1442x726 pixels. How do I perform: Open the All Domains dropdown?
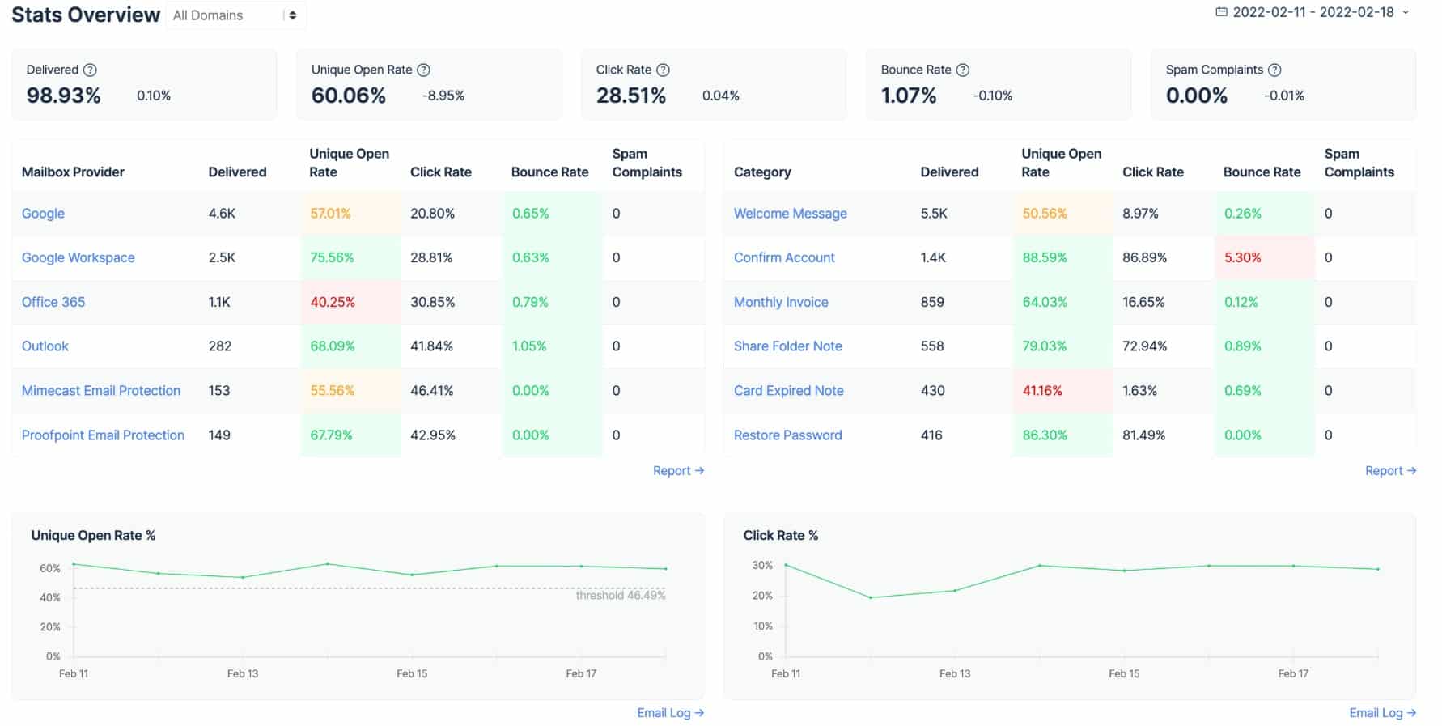(x=235, y=15)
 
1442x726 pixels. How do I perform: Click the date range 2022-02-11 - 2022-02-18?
(x=1313, y=12)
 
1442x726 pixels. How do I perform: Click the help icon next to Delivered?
(x=91, y=70)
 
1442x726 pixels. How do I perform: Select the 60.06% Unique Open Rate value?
(x=349, y=96)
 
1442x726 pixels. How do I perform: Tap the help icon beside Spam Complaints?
(x=1274, y=70)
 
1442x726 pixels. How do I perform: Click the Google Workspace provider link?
(x=78, y=257)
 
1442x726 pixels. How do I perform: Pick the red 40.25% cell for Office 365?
(x=333, y=302)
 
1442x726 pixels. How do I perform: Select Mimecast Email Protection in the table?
(x=101, y=390)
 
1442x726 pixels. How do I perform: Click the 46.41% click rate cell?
(x=432, y=390)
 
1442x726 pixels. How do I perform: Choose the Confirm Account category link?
(x=784, y=257)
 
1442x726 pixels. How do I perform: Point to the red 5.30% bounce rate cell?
(x=1242, y=257)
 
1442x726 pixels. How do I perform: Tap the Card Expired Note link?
(x=788, y=390)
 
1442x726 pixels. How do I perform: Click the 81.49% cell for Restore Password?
(x=1143, y=435)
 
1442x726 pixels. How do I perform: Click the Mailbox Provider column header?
(x=73, y=172)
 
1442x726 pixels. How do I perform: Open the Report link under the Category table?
(x=1389, y=470)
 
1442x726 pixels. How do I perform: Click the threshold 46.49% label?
(x=620, y=595)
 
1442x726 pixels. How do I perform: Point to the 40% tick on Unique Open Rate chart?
(x=50, y=597)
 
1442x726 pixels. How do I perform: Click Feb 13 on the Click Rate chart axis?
(x=954, y=673)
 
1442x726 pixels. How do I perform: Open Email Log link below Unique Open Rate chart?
(x=670, y=712)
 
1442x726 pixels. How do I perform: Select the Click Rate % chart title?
(x=780, y=535)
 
